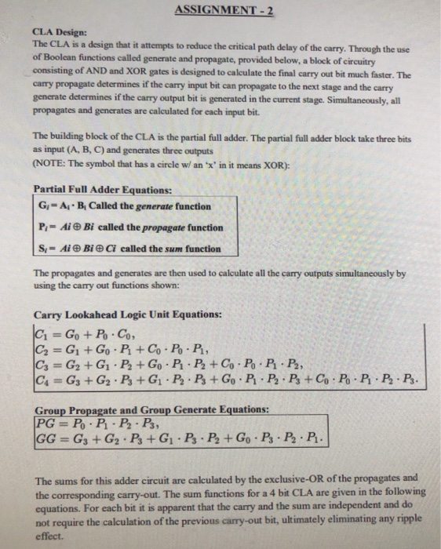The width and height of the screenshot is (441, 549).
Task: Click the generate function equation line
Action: click(124, 206)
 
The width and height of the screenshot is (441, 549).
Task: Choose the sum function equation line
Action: click(129, 249)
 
